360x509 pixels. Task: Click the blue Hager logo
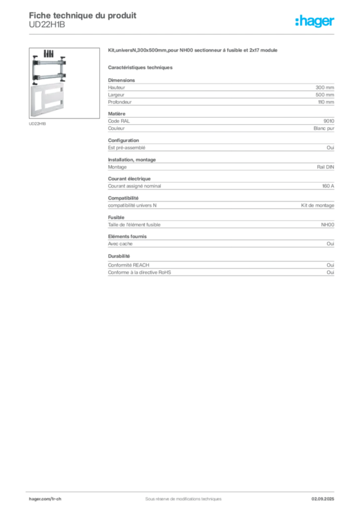point(315,22)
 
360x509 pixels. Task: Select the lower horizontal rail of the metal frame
point(48,76)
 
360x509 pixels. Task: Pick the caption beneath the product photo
point(38,124)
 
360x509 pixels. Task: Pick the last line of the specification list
point(139,272)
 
